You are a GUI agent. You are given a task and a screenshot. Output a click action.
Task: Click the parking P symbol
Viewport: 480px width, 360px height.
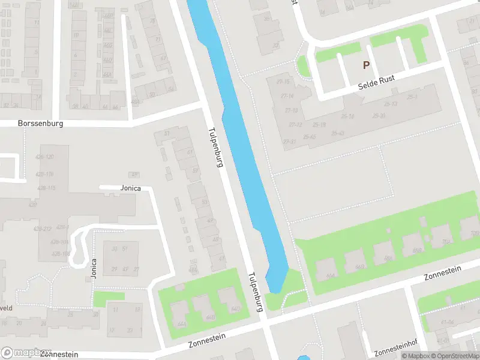tap(365, 65)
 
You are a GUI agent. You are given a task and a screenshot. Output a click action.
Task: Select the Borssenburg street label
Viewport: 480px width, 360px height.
tap(40, 124)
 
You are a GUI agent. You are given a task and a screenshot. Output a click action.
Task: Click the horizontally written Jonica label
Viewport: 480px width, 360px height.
tap(130, 188)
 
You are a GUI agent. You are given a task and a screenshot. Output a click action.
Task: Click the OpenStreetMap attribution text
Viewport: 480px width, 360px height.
tap(454, 356)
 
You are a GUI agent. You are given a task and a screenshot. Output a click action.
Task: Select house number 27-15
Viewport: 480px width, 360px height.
tap(283, 82)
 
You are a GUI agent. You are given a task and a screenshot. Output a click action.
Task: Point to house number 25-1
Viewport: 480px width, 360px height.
tap(412, 97)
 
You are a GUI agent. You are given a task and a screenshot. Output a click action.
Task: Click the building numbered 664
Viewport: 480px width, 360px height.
tap(329, 276)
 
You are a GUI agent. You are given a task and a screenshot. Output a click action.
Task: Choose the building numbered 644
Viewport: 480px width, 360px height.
tap(182, 324)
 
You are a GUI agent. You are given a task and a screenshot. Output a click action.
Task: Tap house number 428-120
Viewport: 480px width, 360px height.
tap(45, 157)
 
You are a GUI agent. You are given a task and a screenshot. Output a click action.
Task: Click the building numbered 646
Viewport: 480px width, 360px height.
tap(210, 317)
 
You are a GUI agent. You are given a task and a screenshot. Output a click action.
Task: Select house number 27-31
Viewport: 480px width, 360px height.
tap(289, 142)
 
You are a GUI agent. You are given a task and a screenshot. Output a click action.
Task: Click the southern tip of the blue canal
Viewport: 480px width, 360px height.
tap(274, 290)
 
